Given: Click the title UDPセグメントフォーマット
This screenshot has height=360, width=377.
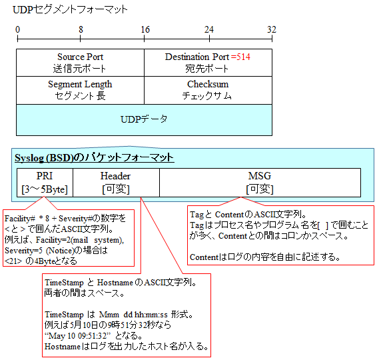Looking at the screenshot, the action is pyautogui.click(x=70, y=9).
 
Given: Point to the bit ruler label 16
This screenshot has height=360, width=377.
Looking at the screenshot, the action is pyautogui.click(x=145, y=29).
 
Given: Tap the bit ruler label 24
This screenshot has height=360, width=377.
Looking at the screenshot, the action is pyautogui.click(x=209, y=29).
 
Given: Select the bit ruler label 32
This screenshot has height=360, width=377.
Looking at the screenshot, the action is pyautogui.click(x=272, y=29).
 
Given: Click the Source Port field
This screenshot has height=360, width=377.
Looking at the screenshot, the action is pyautogui.click(x=81, y=63).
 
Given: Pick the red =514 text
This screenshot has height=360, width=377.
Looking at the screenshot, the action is pyautogui.click(x=240, y=57).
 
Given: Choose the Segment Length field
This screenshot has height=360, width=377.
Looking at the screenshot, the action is pyautogui.click(x=81, y=90).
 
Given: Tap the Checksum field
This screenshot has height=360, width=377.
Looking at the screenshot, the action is pyautogui.click(x=208, y=90).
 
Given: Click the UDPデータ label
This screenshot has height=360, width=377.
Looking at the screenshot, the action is pyautogui.click(x=144, y=119).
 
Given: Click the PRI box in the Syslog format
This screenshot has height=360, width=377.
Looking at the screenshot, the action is pyautogui.click(x=45, y=183).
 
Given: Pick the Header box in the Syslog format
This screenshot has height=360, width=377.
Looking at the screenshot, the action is pyautogui.click(x=116, y=183).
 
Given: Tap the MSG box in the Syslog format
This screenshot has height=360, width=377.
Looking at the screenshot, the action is pyautogui.click(x=260, y=183).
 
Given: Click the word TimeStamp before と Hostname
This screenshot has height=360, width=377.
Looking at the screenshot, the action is pyautogui.click(x=64, y=283).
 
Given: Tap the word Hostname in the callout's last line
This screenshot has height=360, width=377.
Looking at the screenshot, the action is pyautogui.click(x=63, y=347).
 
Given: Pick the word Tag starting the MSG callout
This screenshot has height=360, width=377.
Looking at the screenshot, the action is pyautogui.click(x=196, y=215).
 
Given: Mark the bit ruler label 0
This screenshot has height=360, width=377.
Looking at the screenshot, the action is pyautogui.click(x=17, y=29).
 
